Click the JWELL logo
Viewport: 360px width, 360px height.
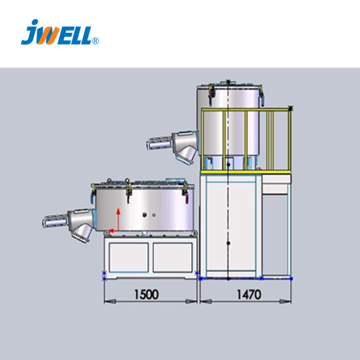(x=60, y=32)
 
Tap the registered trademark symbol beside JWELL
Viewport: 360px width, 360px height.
(x=95, y=41)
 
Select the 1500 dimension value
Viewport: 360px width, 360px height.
(x=146, y=294)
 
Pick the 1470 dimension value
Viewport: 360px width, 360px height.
(x=249, y=294)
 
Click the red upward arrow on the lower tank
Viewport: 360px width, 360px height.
(x=118, y=219)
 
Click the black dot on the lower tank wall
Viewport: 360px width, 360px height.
(x=145, y=215)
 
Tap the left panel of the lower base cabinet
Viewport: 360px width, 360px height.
(x=129, y=258)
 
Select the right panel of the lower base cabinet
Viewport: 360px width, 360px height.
(x=173, y=258)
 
